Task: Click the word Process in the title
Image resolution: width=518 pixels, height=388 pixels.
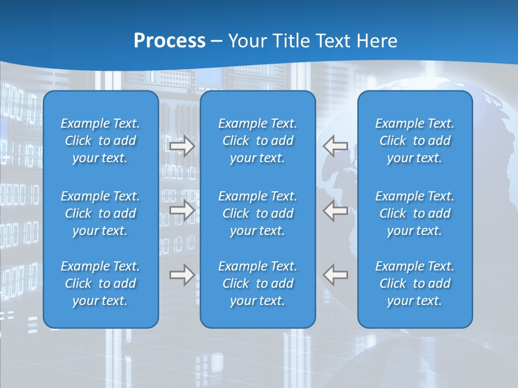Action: [x=169, y=41]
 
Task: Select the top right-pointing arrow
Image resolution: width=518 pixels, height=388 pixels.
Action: [x=182, y=146]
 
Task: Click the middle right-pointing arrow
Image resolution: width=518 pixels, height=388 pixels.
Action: [x=182, y=210]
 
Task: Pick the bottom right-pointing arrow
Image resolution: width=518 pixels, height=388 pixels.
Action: [x=182, y=275]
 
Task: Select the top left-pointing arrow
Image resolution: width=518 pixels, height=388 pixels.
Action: [x=335, y=146]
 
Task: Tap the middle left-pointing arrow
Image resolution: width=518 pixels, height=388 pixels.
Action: [x=335, y=210]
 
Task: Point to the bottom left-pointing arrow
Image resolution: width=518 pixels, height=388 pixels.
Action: [x=335, y=275]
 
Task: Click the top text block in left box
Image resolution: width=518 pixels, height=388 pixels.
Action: [x=100, y=141]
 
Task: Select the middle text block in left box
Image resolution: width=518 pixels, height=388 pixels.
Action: [x=100, y=213]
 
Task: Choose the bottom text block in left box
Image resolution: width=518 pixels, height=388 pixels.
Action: [x=100, y=283]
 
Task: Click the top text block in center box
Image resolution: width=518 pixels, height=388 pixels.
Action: [x=258, y=141]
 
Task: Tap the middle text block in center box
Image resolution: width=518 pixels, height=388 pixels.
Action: [x=258, y=213]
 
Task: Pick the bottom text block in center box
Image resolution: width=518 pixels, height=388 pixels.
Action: [x=258, y=283]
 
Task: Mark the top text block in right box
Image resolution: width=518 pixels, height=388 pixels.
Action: [x=415, y=141]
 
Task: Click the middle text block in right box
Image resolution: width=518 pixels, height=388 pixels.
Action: [x=415, y=213]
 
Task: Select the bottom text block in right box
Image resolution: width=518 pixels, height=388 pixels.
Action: [x=415, y=283]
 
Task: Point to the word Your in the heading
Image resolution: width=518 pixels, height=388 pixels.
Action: [x=246, y=41]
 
